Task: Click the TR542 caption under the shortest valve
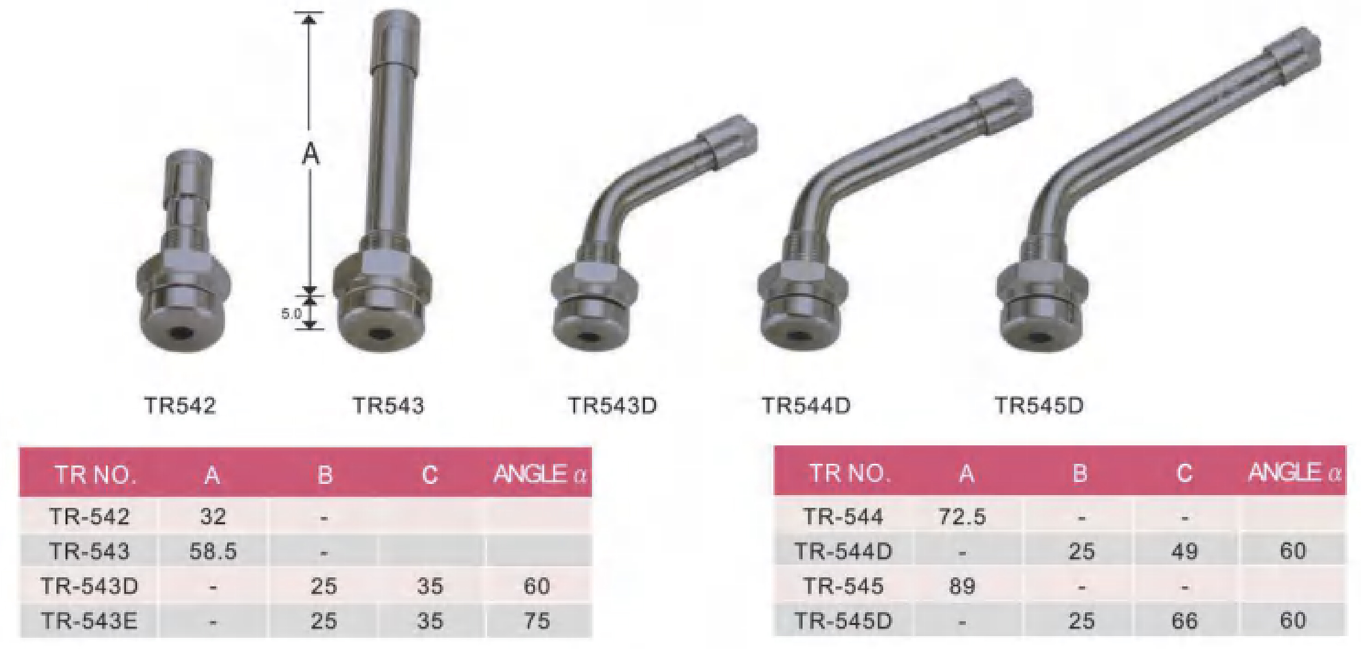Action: pyautogui.click(x=180, y=406)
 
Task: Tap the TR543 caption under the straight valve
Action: pyautogui.click(x=388, y=406)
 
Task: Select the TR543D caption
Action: pyautogui.click(x=612, y=406)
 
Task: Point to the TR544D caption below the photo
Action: pyautogui.click(x=806, y=406)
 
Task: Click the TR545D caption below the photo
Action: pyautogui.click(x=1039, y=406)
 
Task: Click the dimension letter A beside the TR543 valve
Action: pyautogui.click(x=311, y=155)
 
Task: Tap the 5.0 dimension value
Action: pyautogui.click(x=291, y=314)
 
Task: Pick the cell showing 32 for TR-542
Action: pyautogui.click(x=213, y=516)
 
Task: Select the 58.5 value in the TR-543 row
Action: pyautogui.click(x=213, y=551)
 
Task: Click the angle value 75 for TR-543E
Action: pyautogui.click(x=537, y=621)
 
